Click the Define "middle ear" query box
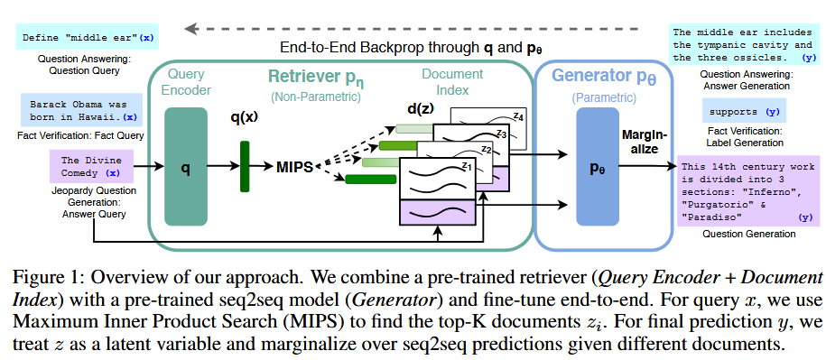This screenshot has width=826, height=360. click(87, 38)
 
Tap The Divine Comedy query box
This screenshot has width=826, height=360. click(91, 166)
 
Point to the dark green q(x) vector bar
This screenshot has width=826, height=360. click(245, 166)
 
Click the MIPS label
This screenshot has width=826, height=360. click(294, 168)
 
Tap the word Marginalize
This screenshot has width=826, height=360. click(645, 143)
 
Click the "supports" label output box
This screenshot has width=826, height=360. click(744, 111)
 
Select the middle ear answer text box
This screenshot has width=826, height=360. click(743, 45)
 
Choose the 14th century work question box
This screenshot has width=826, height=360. click(748, 191)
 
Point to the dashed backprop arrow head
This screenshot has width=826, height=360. click(190, 29)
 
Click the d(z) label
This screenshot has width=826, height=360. click(420, 110)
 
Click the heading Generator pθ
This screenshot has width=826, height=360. click(604, 77)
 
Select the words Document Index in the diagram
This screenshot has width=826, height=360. click(452, 82)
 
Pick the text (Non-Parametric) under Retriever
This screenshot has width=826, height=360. click(315, 97)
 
